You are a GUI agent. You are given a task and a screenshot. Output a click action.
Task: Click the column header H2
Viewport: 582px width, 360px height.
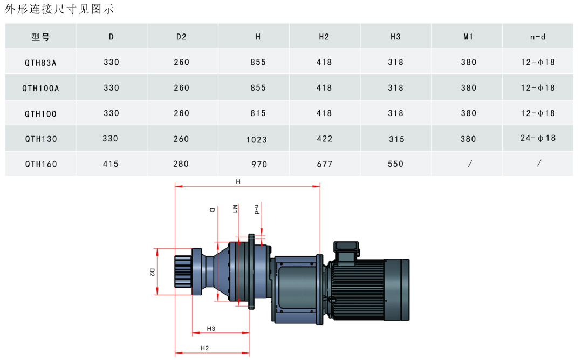(324, 37)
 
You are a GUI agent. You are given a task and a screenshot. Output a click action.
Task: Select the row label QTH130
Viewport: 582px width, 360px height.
(41, 139)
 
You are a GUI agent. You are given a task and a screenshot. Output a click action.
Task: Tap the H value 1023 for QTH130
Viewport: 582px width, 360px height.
(257, 140)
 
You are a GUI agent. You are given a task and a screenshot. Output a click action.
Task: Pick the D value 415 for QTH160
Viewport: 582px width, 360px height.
(111, 164)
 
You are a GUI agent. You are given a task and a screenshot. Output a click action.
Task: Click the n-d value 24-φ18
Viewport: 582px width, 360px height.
(538, 138)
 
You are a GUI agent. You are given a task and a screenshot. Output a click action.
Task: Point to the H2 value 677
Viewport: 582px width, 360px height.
(324, 164)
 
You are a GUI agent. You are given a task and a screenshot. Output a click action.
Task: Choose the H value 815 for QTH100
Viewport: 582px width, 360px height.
(258, 113)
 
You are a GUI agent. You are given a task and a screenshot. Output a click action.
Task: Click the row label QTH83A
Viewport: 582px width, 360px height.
(41, 63)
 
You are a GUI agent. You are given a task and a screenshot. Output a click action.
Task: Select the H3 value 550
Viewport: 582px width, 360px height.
(396, 164)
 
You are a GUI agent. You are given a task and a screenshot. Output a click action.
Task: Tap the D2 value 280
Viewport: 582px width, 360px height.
(181, 164)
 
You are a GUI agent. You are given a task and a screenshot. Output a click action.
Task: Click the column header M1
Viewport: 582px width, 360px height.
(468, 37)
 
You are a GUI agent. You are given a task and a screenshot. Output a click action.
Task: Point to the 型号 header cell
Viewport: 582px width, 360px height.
(40, 37)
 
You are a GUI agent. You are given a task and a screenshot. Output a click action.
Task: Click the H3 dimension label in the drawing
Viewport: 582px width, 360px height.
(211, 328)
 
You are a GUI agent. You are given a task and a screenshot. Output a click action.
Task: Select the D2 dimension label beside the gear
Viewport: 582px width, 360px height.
(152, 273)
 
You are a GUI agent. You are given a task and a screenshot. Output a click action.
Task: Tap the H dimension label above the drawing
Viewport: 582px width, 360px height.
(238, 181)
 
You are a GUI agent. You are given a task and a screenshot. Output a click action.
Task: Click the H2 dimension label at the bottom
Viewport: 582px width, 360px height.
(204, 348)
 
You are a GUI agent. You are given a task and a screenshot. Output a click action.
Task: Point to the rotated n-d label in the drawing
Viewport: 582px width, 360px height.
(257, 209)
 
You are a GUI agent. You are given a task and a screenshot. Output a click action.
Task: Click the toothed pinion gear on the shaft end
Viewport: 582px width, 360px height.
(183, 271)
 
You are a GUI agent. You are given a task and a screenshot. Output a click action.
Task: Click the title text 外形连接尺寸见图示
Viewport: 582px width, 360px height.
(59, 9)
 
